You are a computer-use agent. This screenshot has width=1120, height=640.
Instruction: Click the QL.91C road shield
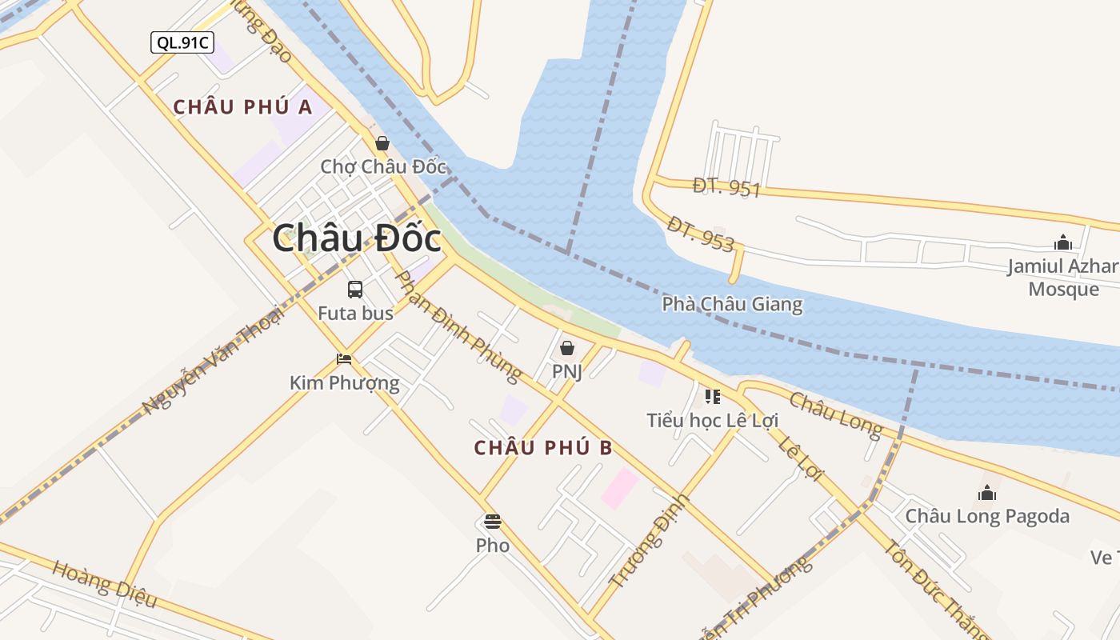point(182,42)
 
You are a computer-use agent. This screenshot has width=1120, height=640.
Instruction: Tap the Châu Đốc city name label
point(356,238)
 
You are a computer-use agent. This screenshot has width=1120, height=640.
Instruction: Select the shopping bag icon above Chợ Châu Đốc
point(382,143)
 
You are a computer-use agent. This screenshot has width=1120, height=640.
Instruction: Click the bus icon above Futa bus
point(355,290)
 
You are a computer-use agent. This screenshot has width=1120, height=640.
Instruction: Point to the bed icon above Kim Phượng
point(344,359)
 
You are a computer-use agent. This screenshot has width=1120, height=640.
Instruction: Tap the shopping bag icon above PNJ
point(566,348)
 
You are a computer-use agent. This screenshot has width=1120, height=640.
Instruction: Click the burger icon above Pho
point(492,522)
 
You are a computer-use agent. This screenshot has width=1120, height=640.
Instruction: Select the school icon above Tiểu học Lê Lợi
point(712,397)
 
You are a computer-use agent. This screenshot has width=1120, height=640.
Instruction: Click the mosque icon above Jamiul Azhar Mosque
point(1063,242)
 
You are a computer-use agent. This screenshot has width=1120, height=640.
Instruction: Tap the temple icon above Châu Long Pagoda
point(987,493)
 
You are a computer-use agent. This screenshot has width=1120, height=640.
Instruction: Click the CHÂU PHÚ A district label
point(242,106)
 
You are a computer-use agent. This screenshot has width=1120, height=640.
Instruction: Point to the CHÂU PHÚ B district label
point(543,448)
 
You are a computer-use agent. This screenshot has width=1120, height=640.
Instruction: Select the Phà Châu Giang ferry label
point(732,304)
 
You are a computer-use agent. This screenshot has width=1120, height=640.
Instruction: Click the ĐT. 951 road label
point(726,188)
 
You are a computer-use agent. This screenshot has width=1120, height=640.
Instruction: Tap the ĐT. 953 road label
point(700,234)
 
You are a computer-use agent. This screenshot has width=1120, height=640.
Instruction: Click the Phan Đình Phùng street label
point(459,325)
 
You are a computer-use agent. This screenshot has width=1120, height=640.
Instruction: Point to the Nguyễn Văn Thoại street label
point(213,361)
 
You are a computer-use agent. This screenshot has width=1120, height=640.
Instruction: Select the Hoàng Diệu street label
point(104,583)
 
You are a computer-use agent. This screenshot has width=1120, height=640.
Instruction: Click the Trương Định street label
point(649,540)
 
